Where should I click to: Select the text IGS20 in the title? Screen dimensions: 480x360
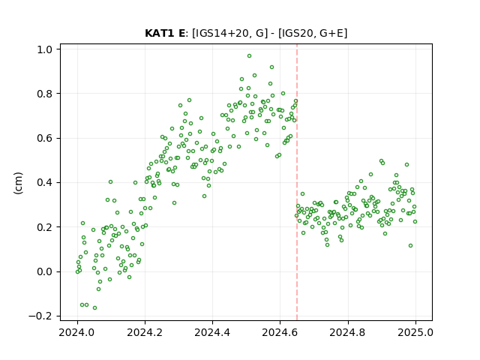[x=298, y=33]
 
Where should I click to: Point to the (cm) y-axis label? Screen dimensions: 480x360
[x=18, y=183]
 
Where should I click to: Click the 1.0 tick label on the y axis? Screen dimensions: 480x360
[x=44, y=49]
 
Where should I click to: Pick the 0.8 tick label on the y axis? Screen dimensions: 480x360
[x=44, y=94]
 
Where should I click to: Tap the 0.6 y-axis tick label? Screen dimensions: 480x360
[x=44, y=138]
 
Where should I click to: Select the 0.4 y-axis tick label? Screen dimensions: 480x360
[x=44, y=183]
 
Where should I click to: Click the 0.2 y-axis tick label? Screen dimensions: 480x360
[x=44, y=227]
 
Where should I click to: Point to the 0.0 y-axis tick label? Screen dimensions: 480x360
[x=44, y=271]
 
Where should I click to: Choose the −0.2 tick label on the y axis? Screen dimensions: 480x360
[x=40, y=316]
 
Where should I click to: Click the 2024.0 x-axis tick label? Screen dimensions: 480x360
[x=77, y=332]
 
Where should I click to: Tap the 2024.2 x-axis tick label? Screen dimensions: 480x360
[x=145, y=332]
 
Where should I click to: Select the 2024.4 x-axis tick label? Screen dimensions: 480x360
[x=212, y=332]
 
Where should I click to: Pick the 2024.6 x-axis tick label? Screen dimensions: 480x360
[x=280, y=332]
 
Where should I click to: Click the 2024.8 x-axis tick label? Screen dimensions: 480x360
[x=348, y=332]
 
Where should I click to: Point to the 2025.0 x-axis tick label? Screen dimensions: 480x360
[x=415, y=332]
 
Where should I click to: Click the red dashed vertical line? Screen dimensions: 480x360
[x=297, y=182]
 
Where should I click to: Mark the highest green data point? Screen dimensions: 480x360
[x=250, y=56]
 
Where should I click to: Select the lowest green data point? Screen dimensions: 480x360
[x=95, y=308]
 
